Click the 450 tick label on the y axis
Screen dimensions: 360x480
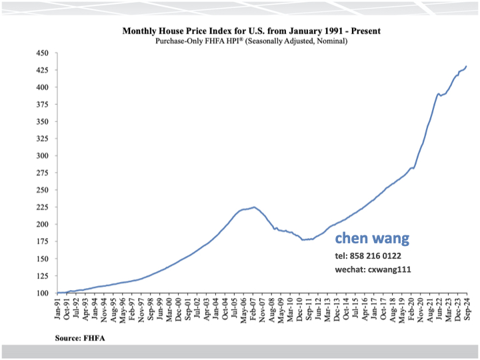pos(42,53)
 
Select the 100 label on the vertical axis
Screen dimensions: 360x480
pos(42,293)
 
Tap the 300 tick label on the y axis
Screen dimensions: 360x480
pos(42,155)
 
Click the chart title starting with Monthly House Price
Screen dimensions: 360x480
pos(251,31)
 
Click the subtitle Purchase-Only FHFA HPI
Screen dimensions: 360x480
pos(251,41)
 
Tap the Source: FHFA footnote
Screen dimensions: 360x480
pos(80,338)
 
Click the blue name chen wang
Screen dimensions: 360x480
pos(372,238)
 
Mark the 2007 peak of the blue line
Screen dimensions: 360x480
pos(254,207)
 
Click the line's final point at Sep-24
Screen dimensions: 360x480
pos(467,66)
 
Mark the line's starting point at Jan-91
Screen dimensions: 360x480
pos(58,292)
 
